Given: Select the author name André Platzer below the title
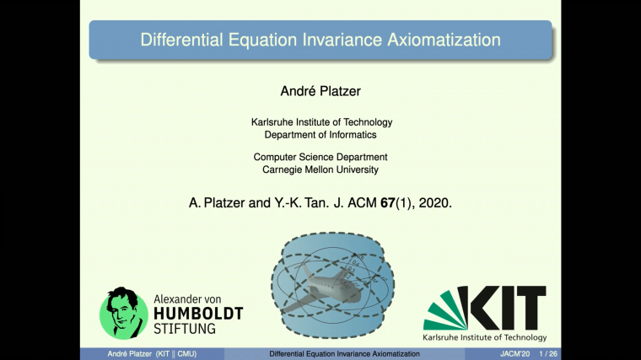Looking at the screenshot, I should tap(320, 89).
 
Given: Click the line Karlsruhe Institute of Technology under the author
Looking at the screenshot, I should tap(321, 122).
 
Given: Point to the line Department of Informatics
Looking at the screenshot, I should tap(320, 135).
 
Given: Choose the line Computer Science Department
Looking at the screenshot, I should tap(320, 157).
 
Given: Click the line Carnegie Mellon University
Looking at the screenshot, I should tap(320, 169).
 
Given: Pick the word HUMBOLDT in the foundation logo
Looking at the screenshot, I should tap(197, 314).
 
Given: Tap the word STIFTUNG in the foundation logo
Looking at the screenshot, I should tap(184, 329).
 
